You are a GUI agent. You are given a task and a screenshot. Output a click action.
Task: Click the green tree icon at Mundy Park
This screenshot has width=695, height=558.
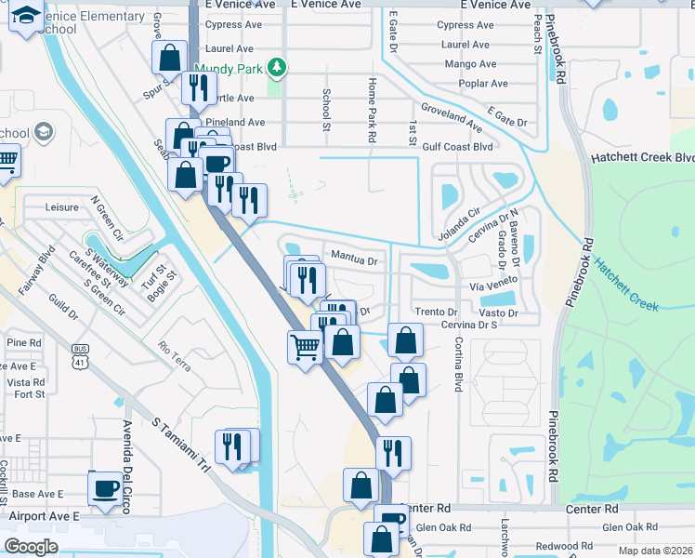(x=275, y=67)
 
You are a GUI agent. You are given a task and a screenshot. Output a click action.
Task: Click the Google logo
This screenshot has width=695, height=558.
(x=31, y=546)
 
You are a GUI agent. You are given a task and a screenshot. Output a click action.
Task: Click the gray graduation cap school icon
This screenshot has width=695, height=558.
(x=43, y=133)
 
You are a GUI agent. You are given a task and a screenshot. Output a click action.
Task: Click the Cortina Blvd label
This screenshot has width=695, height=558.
(x=458, y=363)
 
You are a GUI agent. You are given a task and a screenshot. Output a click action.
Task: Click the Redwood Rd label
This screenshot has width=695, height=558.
(x=565, y=546)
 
